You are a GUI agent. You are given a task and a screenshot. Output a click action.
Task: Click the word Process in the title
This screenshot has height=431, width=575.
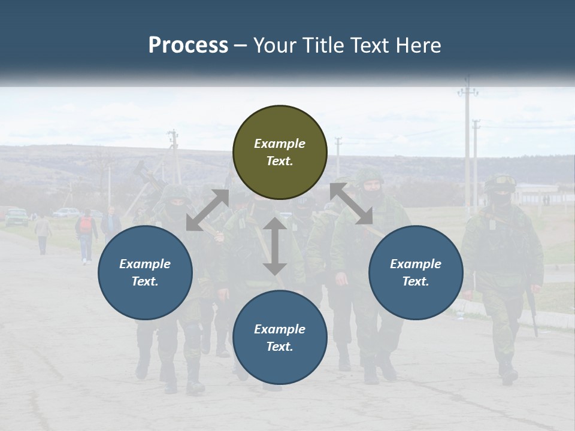(x=188, y=45)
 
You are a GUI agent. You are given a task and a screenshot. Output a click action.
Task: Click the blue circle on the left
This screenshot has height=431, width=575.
(x=145, y=272)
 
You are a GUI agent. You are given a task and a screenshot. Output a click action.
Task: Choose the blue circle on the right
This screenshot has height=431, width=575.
(x=416, y=272)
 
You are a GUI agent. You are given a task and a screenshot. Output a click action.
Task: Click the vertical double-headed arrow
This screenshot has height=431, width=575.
(x=274, y=246)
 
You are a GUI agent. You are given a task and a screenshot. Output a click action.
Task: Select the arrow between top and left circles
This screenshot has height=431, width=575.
(x=207, y=210)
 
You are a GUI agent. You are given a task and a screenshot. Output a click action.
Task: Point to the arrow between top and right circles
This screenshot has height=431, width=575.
(x=351, y=204)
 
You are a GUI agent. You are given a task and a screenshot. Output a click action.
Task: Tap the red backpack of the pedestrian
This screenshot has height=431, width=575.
(x=86, y=225)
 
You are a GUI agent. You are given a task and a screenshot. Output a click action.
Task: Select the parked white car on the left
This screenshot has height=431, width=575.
(x=66, y=212)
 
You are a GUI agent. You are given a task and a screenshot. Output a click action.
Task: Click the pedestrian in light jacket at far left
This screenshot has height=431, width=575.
(x=43, y=234)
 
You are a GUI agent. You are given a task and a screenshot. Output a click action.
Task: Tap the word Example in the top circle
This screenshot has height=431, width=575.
(x=279, y=144)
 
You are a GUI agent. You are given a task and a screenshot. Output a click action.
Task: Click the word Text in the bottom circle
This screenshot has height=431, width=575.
(x=279, y=347)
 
